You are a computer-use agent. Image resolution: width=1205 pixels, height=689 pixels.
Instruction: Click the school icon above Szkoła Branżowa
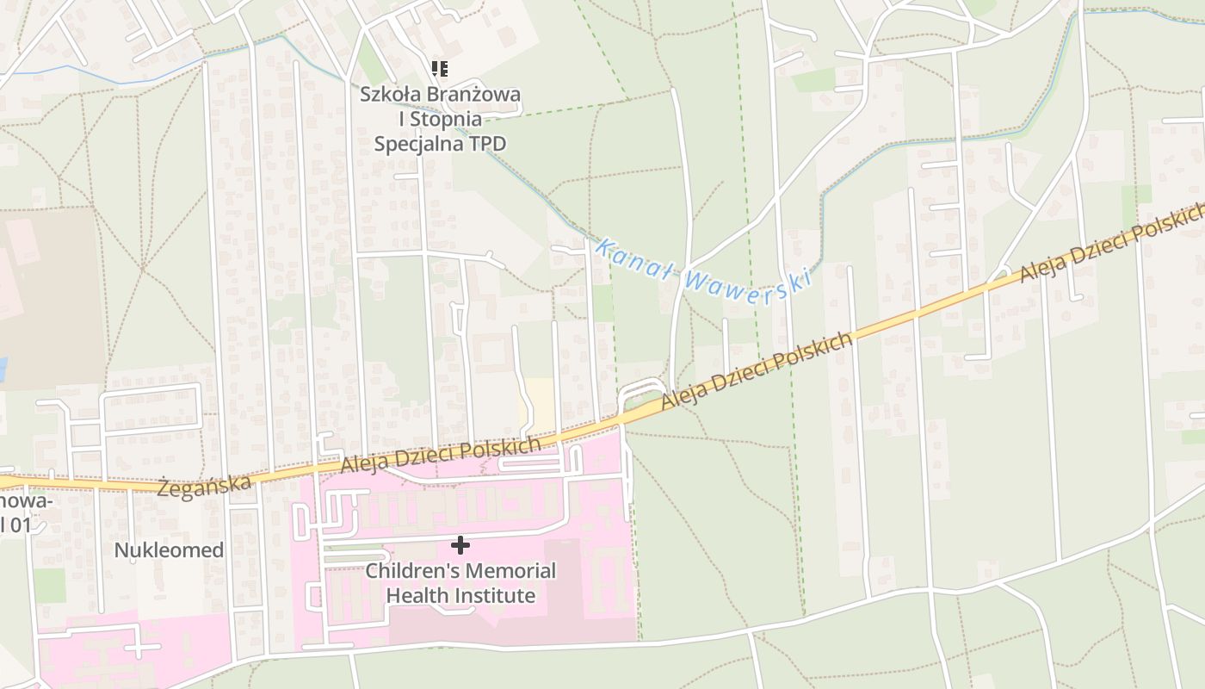click(x=440, y=69)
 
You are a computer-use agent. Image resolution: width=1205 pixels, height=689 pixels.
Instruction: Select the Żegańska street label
click(x=206, y=483)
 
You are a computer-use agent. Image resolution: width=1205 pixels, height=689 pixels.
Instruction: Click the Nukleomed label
click(x=169, y=550)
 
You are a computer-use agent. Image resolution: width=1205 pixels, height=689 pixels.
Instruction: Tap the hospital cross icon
click(x=460, y=544)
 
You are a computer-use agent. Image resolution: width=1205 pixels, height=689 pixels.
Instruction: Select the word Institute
click(x=495, y=595)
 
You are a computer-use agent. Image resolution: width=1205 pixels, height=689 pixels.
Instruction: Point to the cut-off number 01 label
click(x=17, y=524)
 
